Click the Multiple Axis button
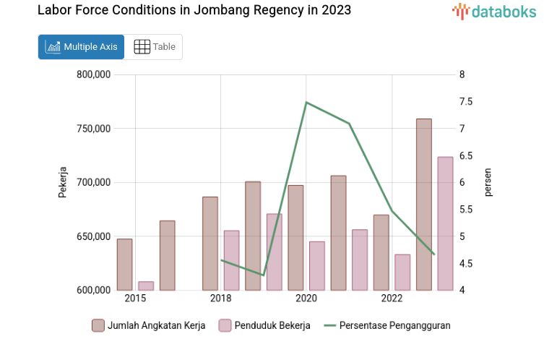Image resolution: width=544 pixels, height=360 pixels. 81,47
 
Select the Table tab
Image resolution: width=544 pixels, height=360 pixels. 155,47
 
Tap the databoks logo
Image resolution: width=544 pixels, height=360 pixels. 494,11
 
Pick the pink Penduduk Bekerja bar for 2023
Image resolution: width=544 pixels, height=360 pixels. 445,223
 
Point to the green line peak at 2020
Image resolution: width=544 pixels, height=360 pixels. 306,102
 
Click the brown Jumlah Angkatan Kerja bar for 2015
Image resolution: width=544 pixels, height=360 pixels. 124,265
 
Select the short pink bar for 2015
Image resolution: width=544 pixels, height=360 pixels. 146,286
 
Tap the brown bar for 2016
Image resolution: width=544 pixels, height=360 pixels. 167,255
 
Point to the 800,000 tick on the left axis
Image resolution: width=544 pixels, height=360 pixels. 92,75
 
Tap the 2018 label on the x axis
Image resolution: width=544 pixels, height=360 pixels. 220,299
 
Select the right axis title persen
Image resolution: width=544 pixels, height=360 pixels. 488,182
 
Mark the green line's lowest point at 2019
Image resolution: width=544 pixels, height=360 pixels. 264,275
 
